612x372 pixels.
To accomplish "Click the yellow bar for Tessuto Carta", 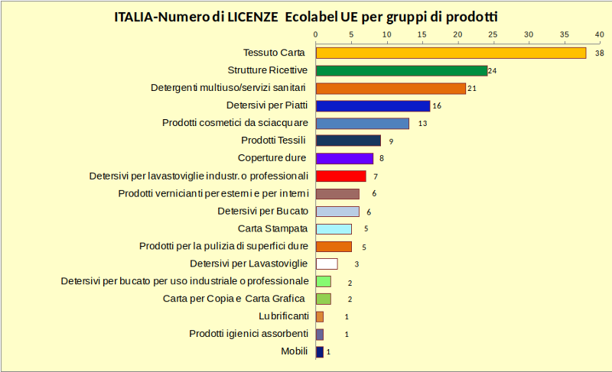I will point(451,53).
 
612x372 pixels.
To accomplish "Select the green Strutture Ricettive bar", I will point(402,70).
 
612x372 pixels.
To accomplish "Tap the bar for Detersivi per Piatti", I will point(373,105).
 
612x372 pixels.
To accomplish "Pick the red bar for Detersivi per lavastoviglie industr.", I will point(340,176).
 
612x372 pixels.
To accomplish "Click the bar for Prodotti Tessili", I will point(348,141).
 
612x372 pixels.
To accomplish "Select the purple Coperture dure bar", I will point(344,158).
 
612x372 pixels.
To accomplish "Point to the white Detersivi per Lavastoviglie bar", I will point(327,264).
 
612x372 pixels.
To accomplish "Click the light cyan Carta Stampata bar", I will point(334,228).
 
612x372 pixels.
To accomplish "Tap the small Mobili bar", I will point(320,352).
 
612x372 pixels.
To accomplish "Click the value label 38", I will point(600,53).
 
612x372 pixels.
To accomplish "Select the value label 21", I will point(472,89).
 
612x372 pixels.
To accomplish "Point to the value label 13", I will point(422,124).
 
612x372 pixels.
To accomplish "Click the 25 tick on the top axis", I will point(493,34).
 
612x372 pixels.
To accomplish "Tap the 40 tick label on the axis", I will point(599,34).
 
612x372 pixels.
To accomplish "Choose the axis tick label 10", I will point(386,34).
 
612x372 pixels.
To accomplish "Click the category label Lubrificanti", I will point(284,316).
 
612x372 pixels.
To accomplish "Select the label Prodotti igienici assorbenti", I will point(249,334).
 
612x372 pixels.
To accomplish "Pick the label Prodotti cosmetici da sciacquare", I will point(236,123).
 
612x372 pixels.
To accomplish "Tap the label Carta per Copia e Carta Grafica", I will point(234,299).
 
